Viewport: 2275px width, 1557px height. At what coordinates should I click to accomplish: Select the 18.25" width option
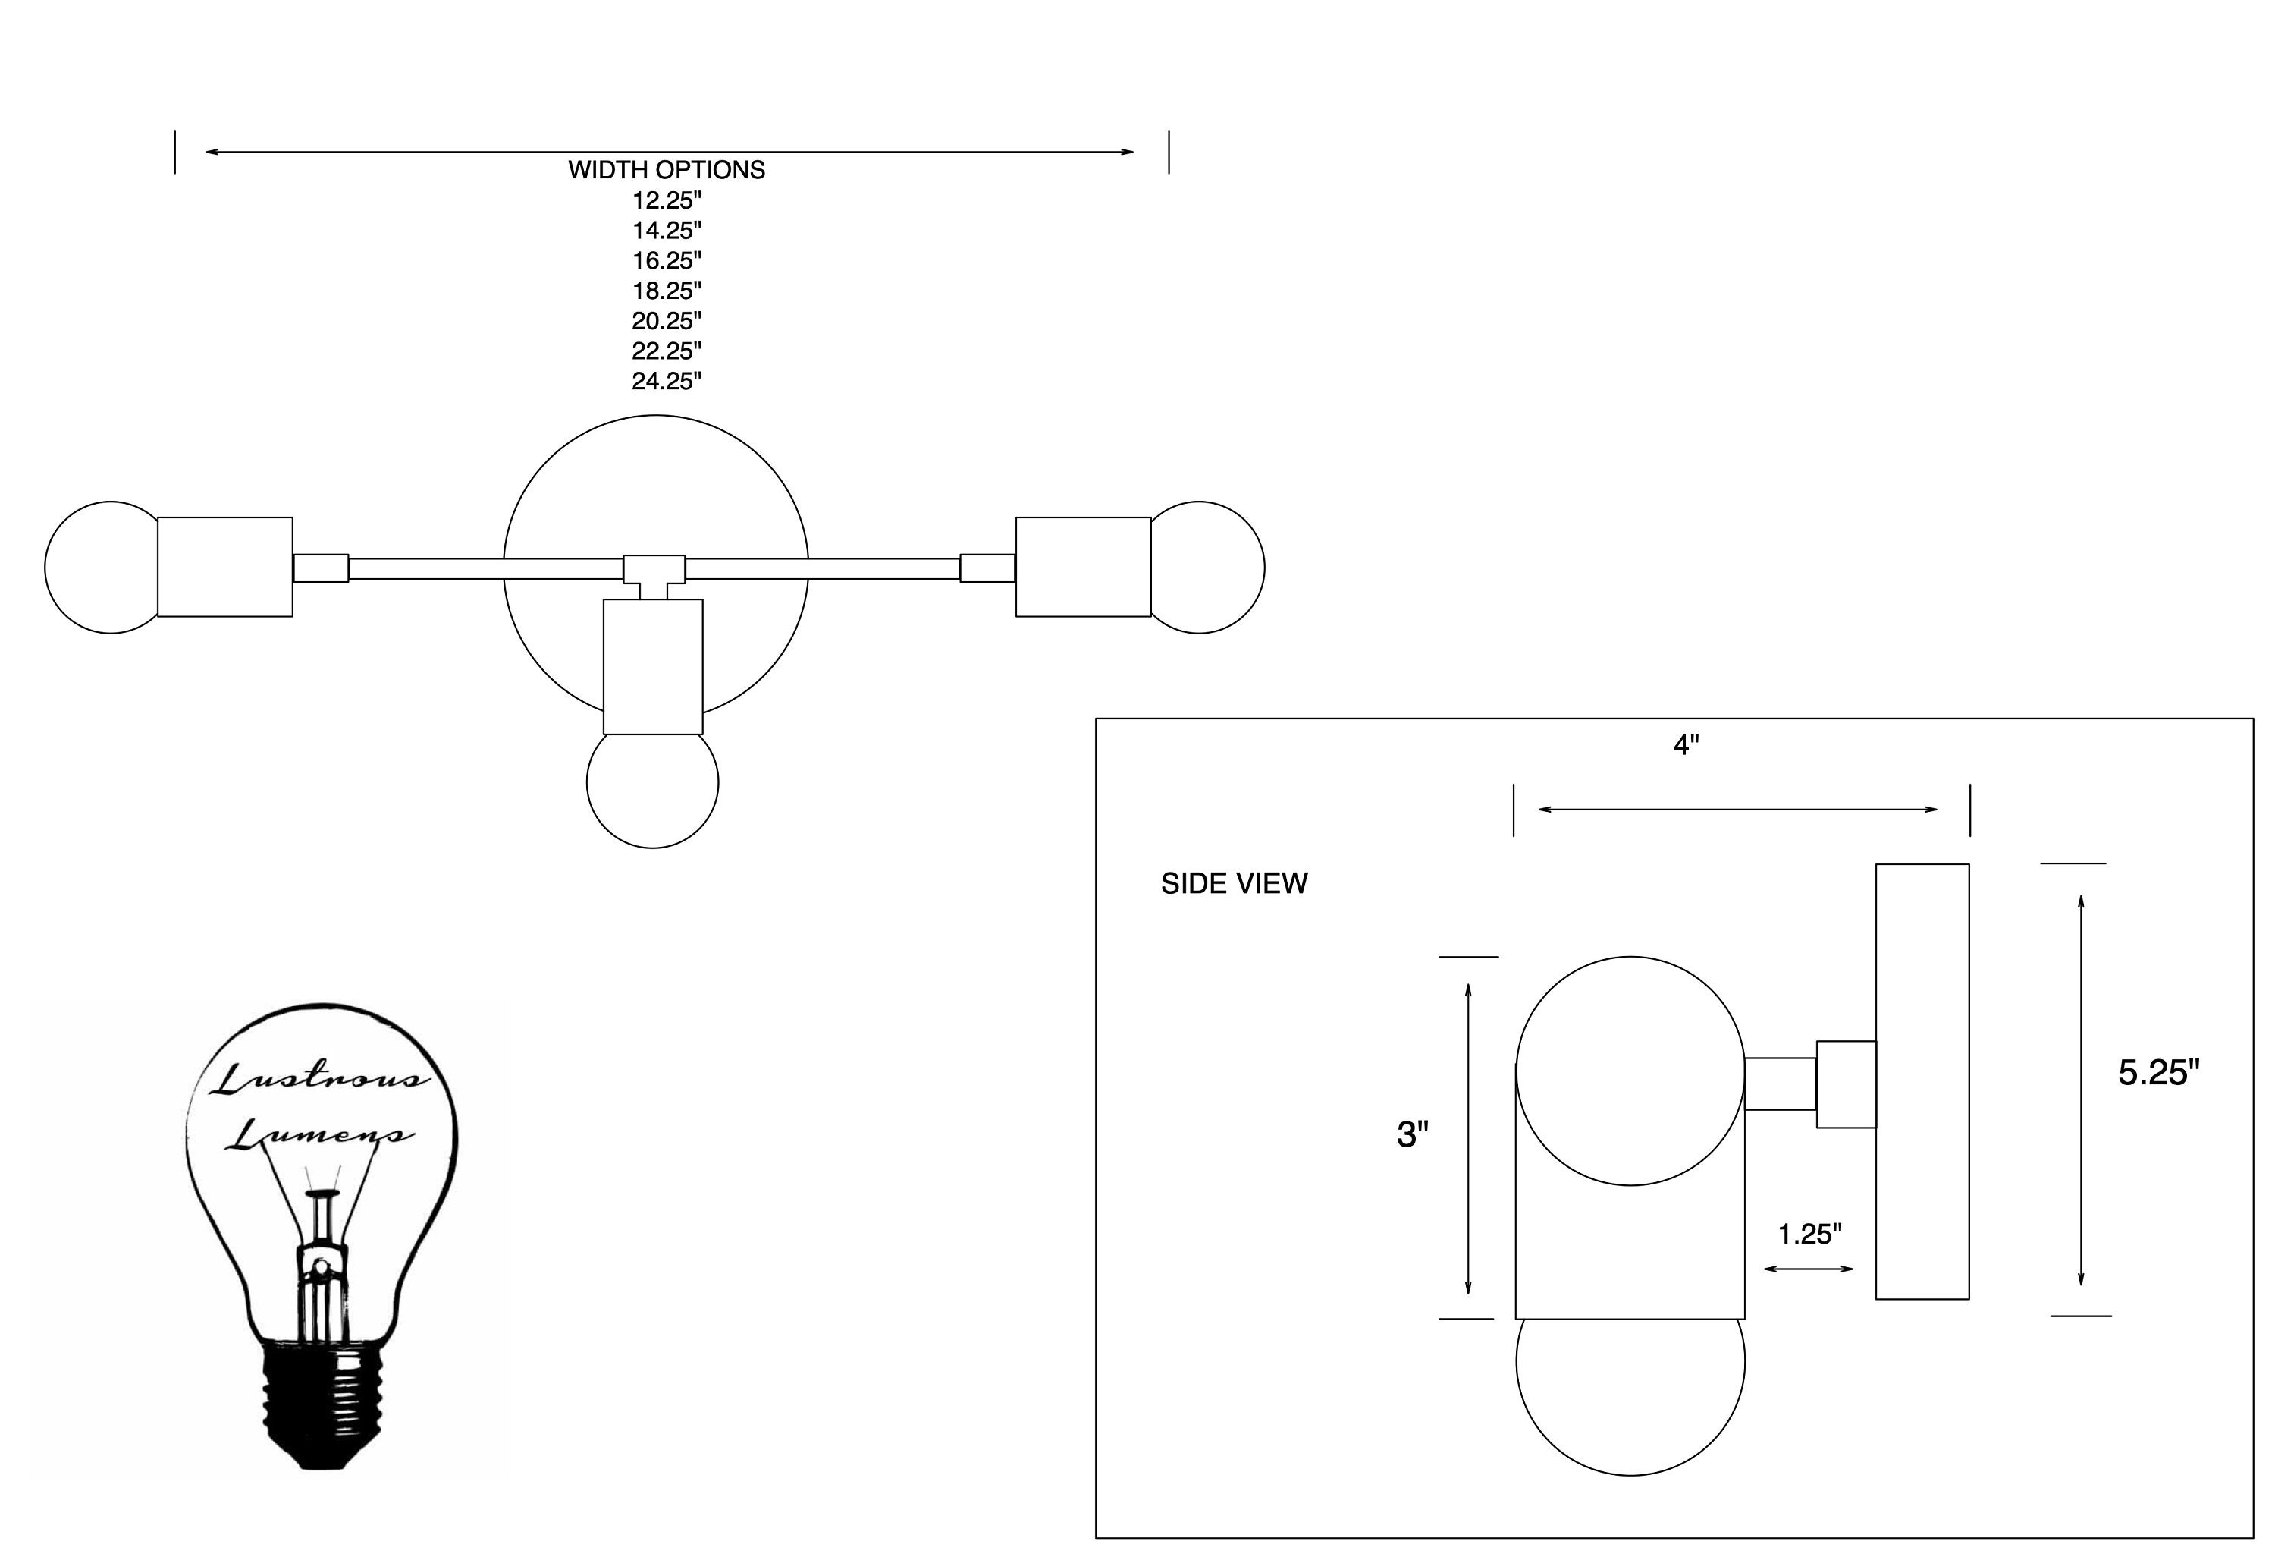click(x=667, y=291)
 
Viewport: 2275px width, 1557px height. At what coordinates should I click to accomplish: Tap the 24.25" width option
click(x=667, y=381)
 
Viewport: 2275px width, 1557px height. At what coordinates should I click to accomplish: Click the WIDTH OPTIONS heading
click(x=667, y=169)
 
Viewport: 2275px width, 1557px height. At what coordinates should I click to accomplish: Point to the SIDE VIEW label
click(x=1234, y=883)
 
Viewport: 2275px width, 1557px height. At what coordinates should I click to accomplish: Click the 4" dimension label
click(x=1686, y=745)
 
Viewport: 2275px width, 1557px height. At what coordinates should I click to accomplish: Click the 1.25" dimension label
click(x=1810, y=1234)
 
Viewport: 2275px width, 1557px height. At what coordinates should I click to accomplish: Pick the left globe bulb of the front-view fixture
click(x=102, y=568)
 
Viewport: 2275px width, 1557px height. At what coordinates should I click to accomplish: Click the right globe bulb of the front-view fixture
click(x=1208, y=568)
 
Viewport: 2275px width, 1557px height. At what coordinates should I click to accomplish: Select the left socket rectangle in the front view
click(x=225, y=567)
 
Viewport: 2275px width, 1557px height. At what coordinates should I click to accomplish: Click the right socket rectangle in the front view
click(x=1084, y=567)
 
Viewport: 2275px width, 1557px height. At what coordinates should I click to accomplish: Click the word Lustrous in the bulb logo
click(x=320, y=1078)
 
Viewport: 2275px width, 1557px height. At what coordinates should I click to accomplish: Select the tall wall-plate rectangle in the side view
click(x=1922, y=1082)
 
